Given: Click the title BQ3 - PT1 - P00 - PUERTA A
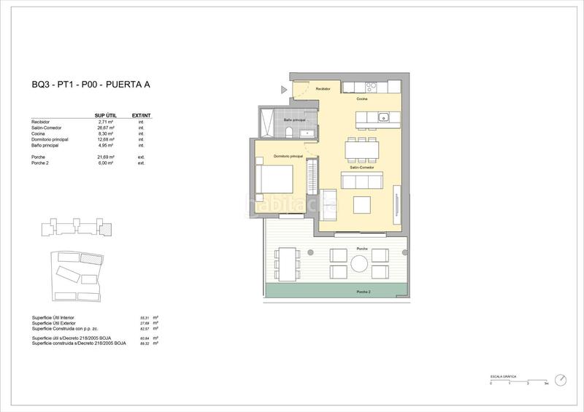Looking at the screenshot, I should (91, 85).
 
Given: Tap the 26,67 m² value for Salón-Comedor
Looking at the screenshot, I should (104, 128).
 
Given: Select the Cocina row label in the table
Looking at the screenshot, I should (39, 133).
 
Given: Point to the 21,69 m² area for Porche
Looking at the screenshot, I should (104, 158).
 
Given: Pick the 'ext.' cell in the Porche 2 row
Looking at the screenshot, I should (141, 163).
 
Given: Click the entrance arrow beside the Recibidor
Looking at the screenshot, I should (285, 90).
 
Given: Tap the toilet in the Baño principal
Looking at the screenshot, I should (289, 131).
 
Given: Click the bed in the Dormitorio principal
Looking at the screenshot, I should (276, 178).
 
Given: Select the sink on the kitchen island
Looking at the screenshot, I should (383, 117).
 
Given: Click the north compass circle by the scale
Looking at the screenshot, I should (560, 379).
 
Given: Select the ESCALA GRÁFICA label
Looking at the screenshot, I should (504, 376).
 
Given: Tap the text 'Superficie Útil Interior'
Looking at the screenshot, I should (54, 318).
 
